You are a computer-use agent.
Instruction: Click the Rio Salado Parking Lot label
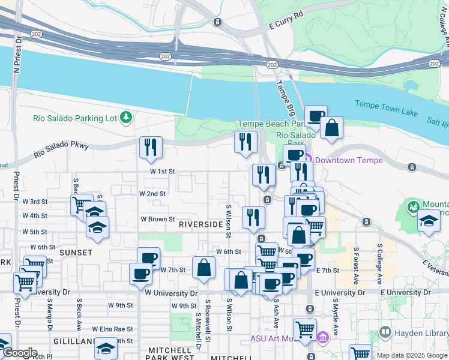[75, 118]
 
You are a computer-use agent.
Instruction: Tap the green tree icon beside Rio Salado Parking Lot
[126, 118]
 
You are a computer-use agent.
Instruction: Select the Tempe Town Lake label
[384, 104]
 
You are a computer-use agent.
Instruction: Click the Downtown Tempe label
[345, 160]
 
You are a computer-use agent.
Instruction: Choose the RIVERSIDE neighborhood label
[200, 224]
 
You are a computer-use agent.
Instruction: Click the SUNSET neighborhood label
[75, 253]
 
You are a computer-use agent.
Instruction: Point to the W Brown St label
[158, 220]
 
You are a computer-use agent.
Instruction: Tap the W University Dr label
[171, 293]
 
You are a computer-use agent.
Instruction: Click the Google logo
[20, 353]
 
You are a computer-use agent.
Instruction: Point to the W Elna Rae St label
[112, 329]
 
